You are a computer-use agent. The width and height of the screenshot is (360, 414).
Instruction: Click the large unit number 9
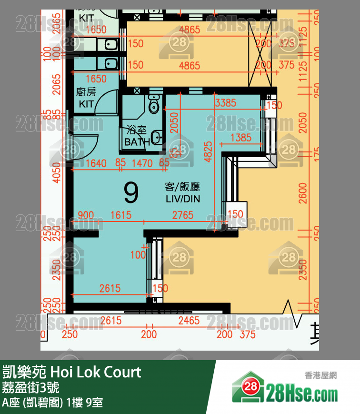point(131,192)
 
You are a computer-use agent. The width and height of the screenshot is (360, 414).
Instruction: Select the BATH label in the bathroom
point(137,142)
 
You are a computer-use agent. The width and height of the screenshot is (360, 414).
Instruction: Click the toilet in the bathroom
point(153,104)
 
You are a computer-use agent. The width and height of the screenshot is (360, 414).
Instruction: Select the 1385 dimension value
point(240,138)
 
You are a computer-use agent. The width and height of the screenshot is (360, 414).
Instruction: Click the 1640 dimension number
point(96,163)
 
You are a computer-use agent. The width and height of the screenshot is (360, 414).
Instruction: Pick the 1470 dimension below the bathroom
point(142,163)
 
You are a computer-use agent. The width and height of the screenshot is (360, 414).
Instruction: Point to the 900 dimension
point(85,215)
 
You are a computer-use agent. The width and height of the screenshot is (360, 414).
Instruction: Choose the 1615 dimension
point(120,215)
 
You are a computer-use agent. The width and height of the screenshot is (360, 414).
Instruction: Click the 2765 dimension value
point(183,215)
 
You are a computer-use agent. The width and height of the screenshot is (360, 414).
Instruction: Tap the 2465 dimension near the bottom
point(189,321)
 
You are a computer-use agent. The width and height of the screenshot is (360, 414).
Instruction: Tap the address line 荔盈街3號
point(31,387)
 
